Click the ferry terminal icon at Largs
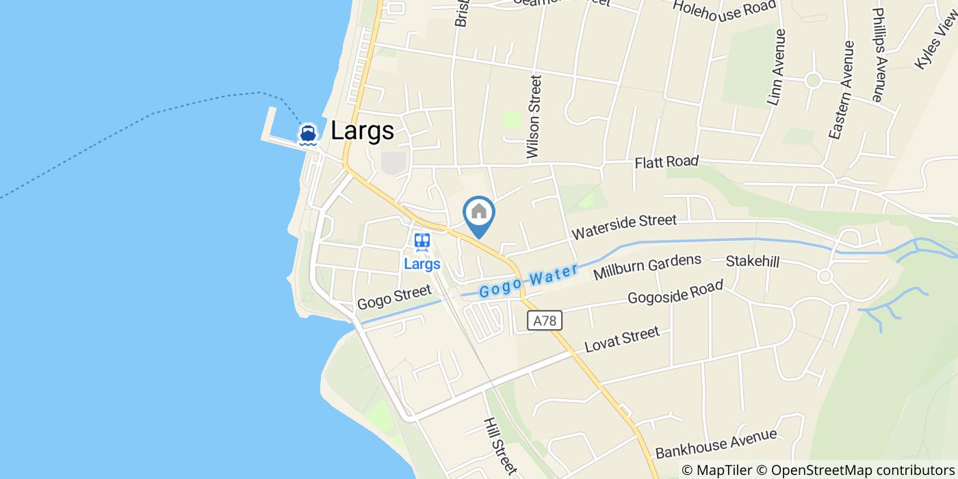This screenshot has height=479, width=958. (308, 134)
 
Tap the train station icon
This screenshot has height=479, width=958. (422, 242)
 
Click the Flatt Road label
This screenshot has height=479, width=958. (666, 162)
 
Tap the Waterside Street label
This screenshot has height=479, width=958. (624, 226)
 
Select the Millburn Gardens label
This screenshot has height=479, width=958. (647, 267)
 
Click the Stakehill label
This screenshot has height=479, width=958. (753, 261)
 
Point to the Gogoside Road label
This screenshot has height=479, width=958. (675, 294)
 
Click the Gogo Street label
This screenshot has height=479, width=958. (394, 298)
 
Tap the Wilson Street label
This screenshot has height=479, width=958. (534, 117)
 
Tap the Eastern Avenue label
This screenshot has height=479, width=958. (841, 91)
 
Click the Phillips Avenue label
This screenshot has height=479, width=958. (879, 55)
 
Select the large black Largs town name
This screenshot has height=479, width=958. (362, 131)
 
